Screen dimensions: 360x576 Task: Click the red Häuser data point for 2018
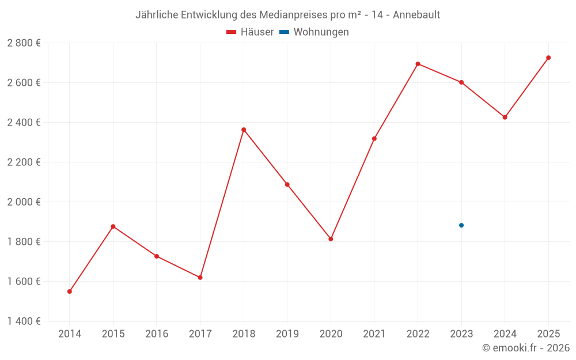click(x=244, y=130)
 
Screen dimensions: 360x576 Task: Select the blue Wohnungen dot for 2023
click(x=461, y=225)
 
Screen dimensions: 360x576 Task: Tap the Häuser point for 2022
click(x=418, y=64)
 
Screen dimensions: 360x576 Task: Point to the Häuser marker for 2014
click(x=70, y=291)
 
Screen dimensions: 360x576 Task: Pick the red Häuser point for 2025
click(x=548, y=58)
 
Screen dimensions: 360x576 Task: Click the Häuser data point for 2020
click(x=331, y=239)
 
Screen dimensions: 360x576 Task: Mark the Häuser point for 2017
click(x=200, y=278)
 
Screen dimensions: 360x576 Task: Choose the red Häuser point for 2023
click(x=461, y=82)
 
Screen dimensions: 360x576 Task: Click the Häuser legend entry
click(x=250, y=32)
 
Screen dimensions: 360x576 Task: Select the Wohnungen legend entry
click(x=314, y=32)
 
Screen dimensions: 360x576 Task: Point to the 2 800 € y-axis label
click(x=24, y=43)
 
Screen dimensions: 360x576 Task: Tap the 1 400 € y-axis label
click(x=24, y=321)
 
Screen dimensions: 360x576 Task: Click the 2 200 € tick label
click(x=24, y=162)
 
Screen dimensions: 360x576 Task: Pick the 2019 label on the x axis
click(x=287, y=334)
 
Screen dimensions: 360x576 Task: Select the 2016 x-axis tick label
click(x=157, y=334)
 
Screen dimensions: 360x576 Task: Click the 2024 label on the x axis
click(x=505, y=334)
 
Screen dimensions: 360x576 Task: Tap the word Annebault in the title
click(x=416, y=15)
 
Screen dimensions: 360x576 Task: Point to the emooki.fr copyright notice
click(x=525, y=348)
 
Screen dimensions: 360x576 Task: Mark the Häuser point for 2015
click(x=113, y=226)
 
